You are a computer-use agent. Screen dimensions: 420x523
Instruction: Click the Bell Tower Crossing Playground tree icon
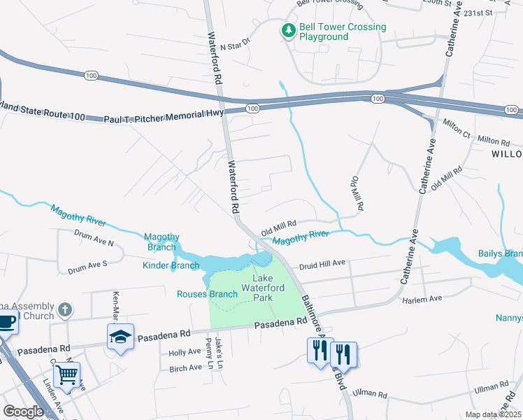pyautogui.click(x=287, y=31)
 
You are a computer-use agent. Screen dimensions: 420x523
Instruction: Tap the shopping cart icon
pyautogui.click(x=67, y=374)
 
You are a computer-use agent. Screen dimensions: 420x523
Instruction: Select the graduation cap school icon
pyautogui.click(x=120, y=337)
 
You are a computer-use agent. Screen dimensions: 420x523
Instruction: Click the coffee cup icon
pyautogui.click(x=6, y=323)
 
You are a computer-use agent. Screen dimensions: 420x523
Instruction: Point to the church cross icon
pyautogui.click(x=64, y=309)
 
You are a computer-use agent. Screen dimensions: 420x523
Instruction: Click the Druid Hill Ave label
pyautogui.click(x=322, y=264)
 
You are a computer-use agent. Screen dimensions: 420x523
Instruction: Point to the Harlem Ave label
pyautogui.click(x=422, y=299)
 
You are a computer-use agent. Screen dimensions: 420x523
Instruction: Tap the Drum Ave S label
pyautogui.click(x=87, y=267)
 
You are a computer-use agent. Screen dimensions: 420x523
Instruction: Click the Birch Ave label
pyautogui.click(x=185, y=367)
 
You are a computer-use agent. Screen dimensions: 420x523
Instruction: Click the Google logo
pyautogui.click(x=23, y=412)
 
